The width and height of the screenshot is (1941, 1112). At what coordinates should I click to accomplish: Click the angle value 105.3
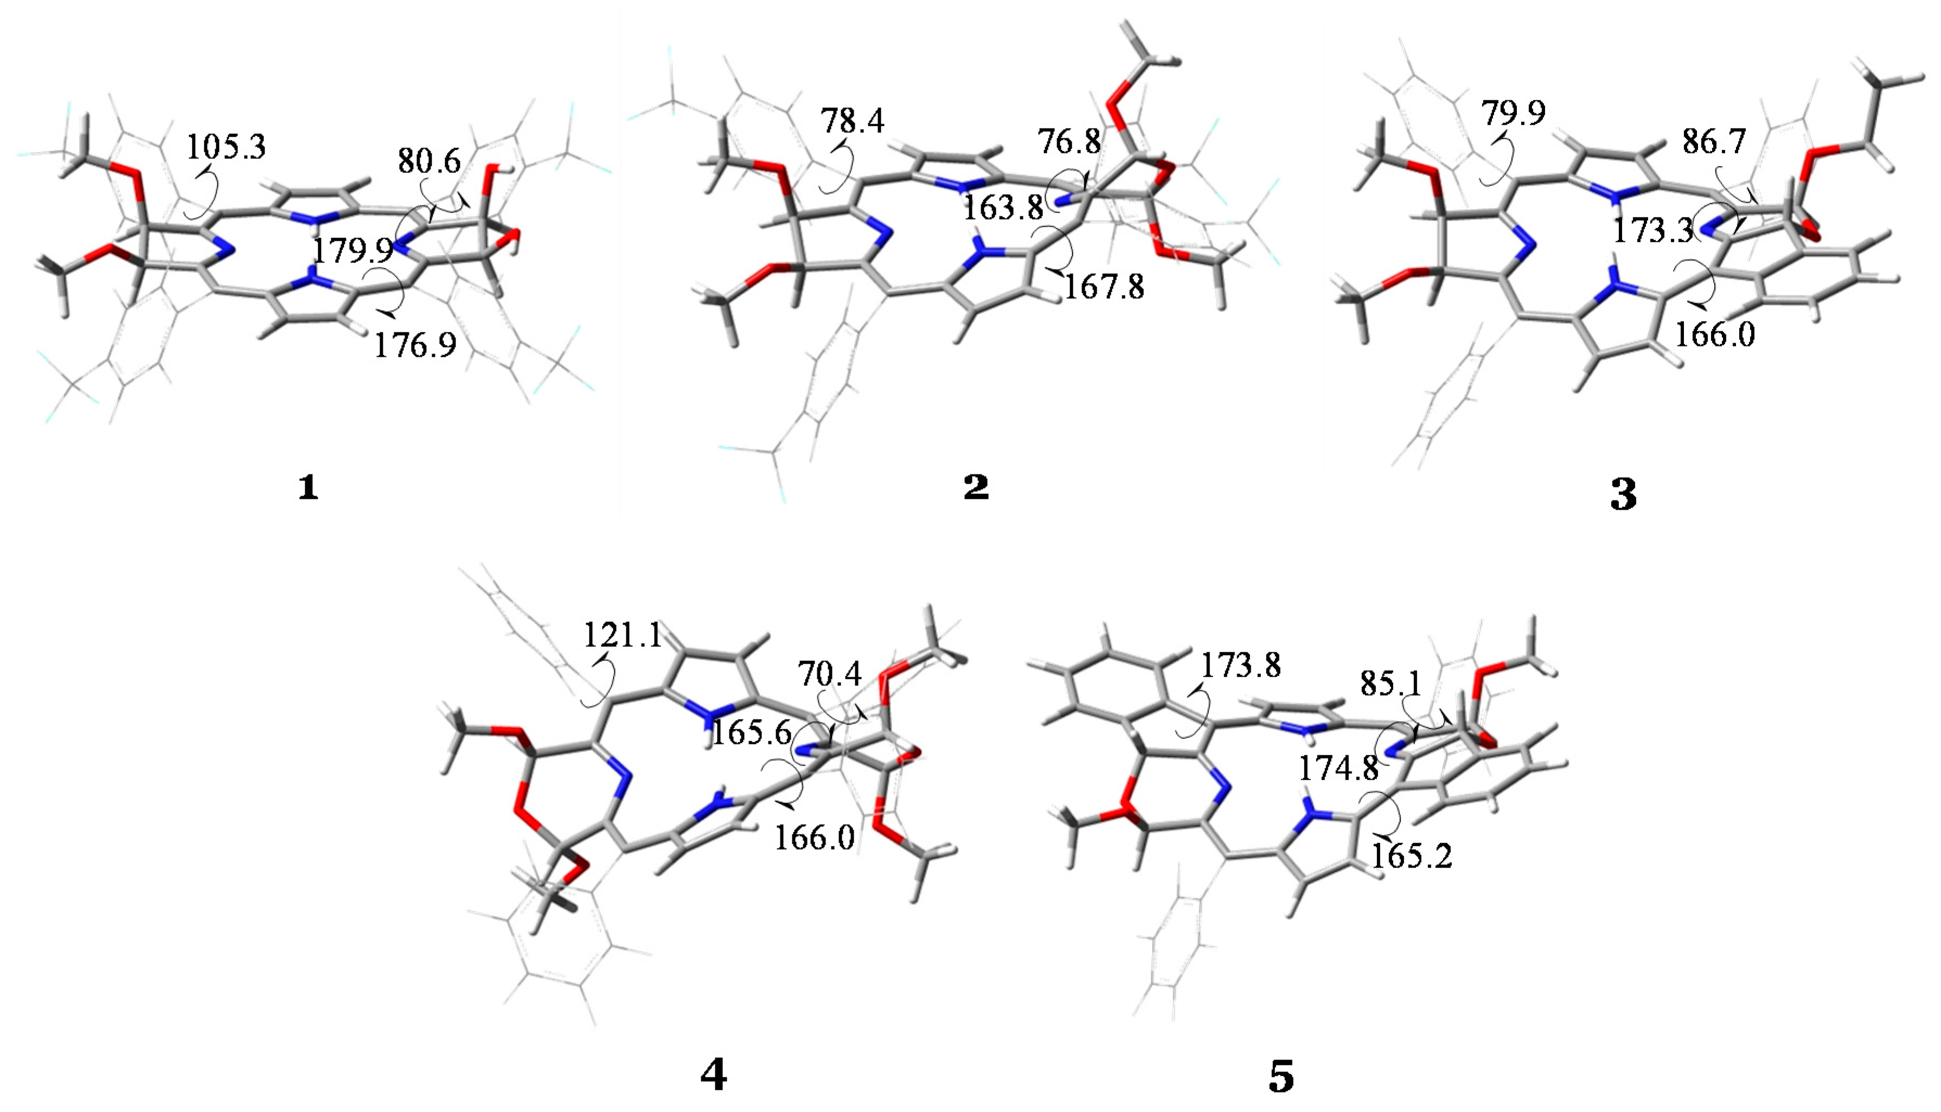click(227, 145)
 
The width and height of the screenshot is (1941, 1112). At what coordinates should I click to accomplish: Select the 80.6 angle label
click(430, 161)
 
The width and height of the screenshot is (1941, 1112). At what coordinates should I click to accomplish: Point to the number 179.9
click(352, 250)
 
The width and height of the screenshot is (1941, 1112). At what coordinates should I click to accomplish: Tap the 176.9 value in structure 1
click(415, 345)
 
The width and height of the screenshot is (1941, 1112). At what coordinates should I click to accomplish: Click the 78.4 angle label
click(853, 121)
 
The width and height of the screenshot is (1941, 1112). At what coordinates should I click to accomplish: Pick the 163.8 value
click(1003, 207)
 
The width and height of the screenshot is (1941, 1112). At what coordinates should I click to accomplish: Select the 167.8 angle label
click(1105, 287)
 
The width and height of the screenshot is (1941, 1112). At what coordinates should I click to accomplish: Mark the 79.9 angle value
click(1513, 113)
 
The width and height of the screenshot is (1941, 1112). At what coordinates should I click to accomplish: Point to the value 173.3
click(1653, 230)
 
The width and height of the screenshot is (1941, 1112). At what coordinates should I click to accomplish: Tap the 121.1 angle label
click(623, 635)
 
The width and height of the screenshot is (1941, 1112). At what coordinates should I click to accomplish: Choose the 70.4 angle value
click(830, 674)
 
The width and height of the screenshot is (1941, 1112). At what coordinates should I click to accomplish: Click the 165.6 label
click(752, 733)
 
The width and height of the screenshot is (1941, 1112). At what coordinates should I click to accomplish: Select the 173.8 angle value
click(1240, 666)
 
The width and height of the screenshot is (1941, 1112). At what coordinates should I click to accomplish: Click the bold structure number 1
click(308, 487)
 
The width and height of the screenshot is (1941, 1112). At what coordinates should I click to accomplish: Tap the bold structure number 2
click(976, 487)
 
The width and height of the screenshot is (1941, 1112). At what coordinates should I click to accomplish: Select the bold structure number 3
click(1623, 495)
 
